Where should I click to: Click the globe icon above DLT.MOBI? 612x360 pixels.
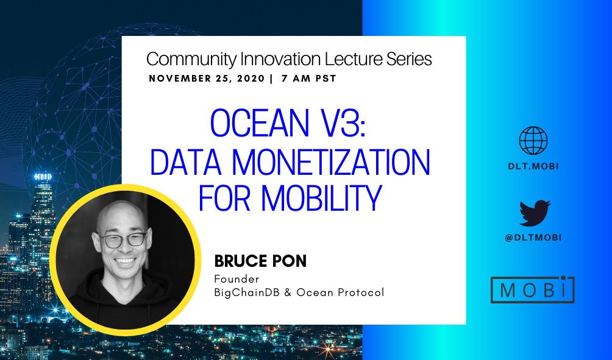point(533,140)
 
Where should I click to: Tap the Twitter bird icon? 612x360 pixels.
point(535,214)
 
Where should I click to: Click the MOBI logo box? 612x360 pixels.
point(533,290)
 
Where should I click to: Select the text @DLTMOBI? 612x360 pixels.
point(533,238)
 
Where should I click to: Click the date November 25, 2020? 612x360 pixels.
point(207,79)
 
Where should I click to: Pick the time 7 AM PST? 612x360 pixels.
point(306,79)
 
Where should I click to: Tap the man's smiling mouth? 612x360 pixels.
point(125,262)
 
